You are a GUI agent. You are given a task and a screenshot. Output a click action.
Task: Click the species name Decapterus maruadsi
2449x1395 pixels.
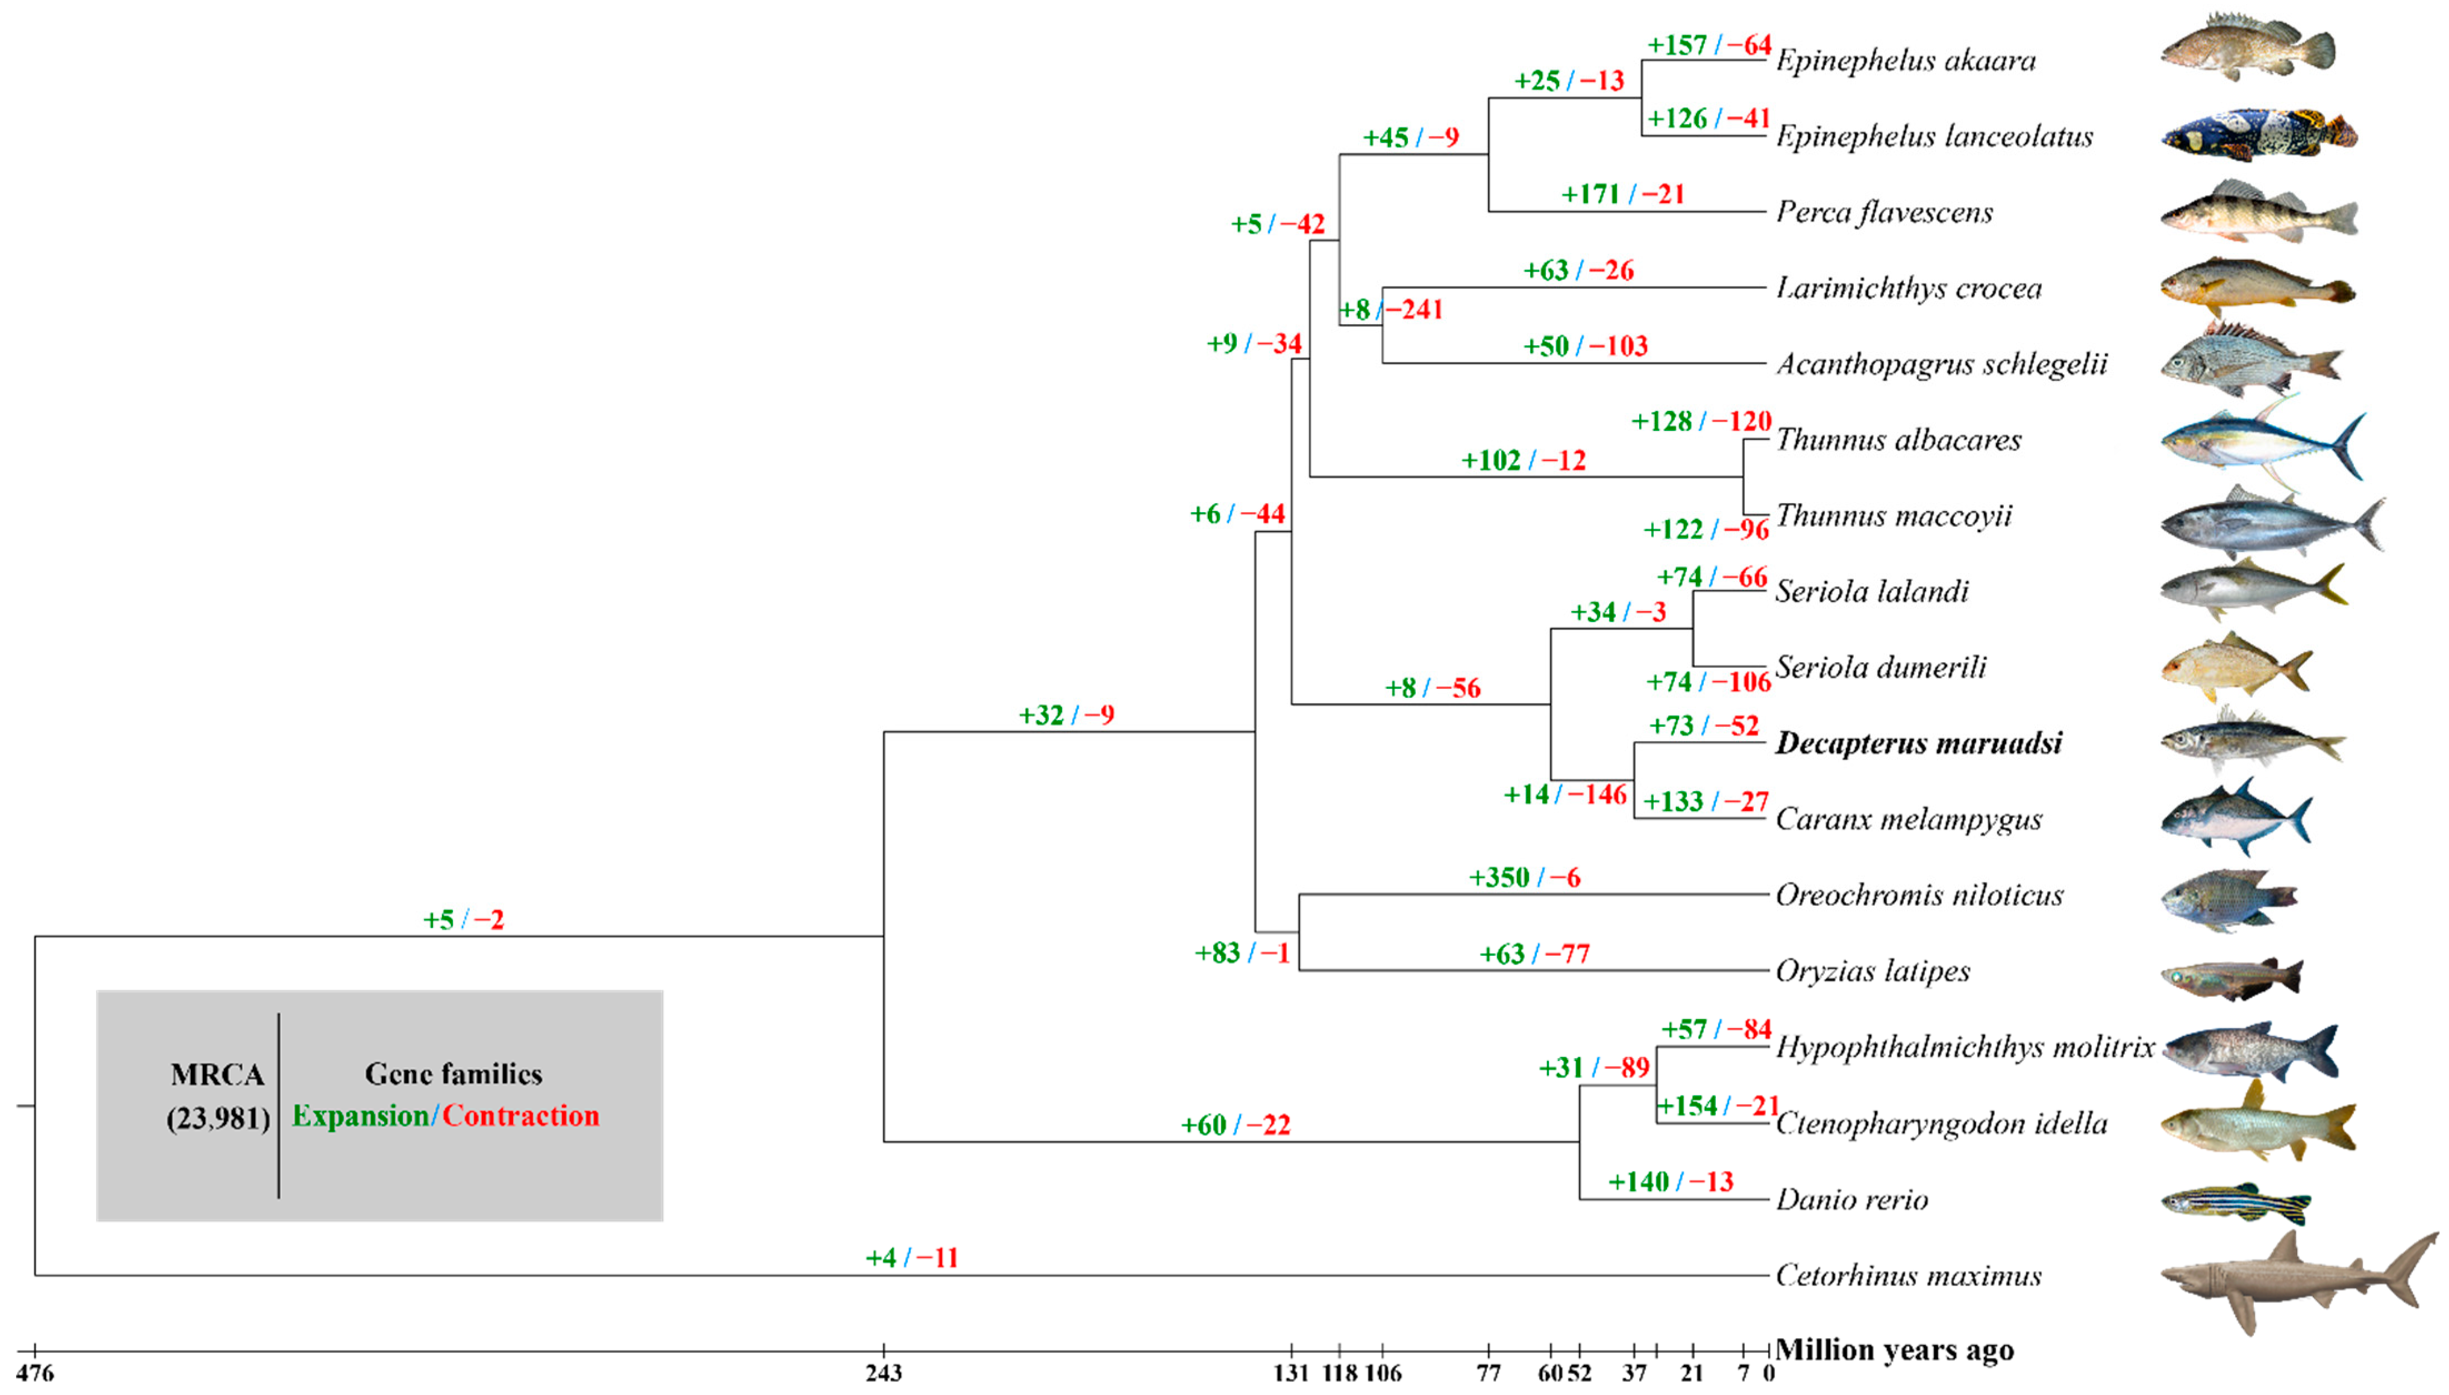[x=1918, y=743]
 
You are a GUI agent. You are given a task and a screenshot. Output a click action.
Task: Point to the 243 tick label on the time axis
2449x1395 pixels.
[x=883, y=1373]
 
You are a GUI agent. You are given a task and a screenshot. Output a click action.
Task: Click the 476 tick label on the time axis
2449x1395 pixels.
[x=36, y=1373]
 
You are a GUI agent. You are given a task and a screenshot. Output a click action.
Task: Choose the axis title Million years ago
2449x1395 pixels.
[x=1894, y=1350]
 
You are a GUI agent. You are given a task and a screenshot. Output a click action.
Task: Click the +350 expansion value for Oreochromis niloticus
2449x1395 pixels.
[x=1499, y=877]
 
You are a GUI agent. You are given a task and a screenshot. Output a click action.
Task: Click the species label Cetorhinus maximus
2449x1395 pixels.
[x=1908, y=1275]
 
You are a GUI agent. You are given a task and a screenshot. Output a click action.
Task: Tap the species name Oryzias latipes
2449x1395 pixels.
[x=1873, y=971]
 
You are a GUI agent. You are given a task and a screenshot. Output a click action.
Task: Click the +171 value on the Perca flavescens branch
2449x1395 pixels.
[x=1590, y=195]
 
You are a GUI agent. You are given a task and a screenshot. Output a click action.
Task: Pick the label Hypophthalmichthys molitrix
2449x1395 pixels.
[x=1964, y=1047]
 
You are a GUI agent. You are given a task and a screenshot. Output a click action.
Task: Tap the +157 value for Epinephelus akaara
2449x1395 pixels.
[x=1677, y=45]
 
